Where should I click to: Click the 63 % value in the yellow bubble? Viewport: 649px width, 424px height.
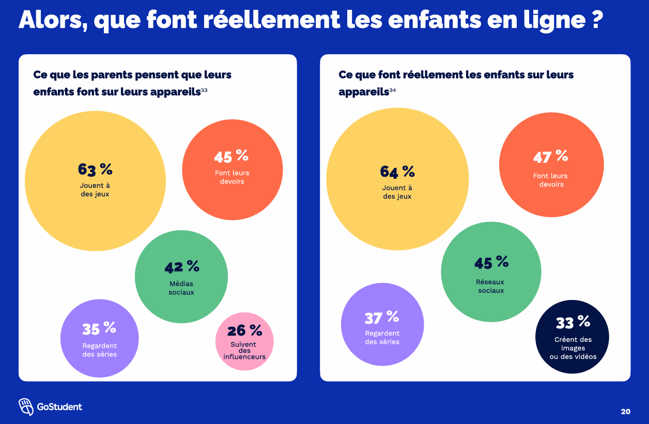tap(95, 169)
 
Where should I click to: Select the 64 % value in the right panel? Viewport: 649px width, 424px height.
tap(397, 171)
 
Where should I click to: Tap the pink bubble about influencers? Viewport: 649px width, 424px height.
tap(244, 341)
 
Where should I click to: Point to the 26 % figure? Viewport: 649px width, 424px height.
tap(245, 330)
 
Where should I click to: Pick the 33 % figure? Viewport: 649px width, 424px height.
tap(573, 323)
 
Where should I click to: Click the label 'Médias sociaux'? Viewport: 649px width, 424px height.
tap(181, 288)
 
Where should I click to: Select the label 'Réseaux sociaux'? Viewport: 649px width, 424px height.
tap(491, 286)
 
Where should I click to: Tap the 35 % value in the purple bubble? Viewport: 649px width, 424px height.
tap(99, 328)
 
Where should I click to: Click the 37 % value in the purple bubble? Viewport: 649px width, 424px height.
tap(382, 317)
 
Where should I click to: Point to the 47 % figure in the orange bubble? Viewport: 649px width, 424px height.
tap(551, 156)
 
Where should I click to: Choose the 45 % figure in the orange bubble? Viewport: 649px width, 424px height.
tap(231, 156)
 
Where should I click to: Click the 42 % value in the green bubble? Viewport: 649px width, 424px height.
tap(182, 267)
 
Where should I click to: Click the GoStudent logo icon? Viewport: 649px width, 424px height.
tap(26, 407)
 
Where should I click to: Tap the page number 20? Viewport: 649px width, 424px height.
tap(625, 412)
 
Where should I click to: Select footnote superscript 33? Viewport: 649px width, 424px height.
tap(204, 91)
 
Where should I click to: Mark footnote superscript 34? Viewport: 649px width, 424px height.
tap(393, 91)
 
